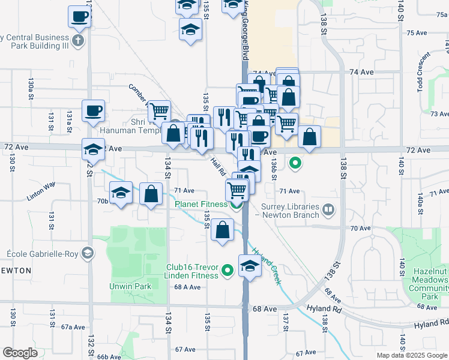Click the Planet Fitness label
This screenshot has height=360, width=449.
tap(200, 204)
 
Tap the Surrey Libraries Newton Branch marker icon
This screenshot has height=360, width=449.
tap(328, 209)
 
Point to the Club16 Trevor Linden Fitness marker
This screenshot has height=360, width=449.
tap(228, 271)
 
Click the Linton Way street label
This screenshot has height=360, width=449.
tap(40, 196)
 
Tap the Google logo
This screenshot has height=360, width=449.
tap(20, 352)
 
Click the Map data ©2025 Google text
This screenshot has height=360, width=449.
tap(412, 355)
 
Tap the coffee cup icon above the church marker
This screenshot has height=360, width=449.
tap(79, 17)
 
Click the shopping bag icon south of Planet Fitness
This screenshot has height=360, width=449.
tap(222, 230)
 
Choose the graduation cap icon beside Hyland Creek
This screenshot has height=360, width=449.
tap(250, 266)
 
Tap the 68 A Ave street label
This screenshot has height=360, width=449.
tap(187, 287)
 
